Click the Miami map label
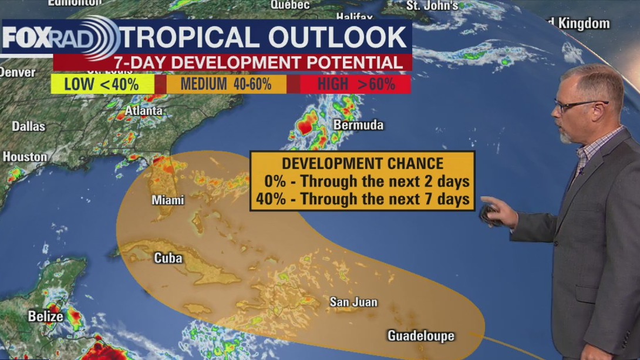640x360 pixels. tap(168, 200)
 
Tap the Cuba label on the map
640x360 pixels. tap(168, 258)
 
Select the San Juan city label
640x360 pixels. tap(353, 302)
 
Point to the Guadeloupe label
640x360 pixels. tap(420, 336)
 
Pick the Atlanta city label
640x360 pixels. tap(144, 110)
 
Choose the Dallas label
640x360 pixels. tap(28, 126)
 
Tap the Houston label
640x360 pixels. tap(25, 157)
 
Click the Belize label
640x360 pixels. tap(45, 317)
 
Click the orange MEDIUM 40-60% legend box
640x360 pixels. tap(226, 84)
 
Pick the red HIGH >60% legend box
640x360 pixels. tap(356, 84)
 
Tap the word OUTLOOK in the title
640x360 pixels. tap(338, 37)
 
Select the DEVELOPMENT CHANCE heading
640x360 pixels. tap(362, 163)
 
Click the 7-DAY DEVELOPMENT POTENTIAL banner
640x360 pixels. tap(233, 63)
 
